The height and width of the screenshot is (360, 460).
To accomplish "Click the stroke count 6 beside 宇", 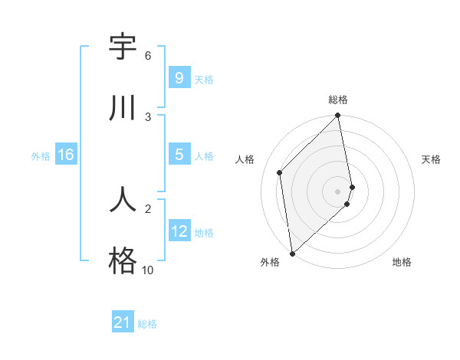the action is coord(147,56).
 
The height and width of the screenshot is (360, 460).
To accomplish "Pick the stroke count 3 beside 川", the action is coord(147,116).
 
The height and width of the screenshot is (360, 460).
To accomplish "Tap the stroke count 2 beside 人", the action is coord(147,208).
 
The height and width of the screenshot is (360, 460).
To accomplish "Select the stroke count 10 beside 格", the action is coord(147,270).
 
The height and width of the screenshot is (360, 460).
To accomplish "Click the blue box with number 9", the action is coord(179,77).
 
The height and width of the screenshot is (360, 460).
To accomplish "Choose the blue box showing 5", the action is coord(179,155).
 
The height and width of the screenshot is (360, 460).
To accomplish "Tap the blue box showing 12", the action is coord(179,231).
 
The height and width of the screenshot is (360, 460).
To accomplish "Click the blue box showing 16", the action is coord(65,155).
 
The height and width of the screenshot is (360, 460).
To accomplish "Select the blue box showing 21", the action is coord(122,322).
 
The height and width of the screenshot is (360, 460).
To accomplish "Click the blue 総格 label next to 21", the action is coord(147,324).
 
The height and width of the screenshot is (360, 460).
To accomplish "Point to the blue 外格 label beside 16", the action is coord(41,155).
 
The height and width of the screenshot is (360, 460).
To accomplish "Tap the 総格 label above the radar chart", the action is coord(338,100).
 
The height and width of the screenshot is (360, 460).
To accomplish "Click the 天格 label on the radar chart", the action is coord(431,159).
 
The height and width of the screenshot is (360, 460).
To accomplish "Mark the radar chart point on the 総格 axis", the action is coord(338,116).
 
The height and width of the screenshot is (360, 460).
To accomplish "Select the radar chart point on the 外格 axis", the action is coord(291,253).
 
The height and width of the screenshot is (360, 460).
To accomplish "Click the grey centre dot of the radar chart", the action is coord(338,191).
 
